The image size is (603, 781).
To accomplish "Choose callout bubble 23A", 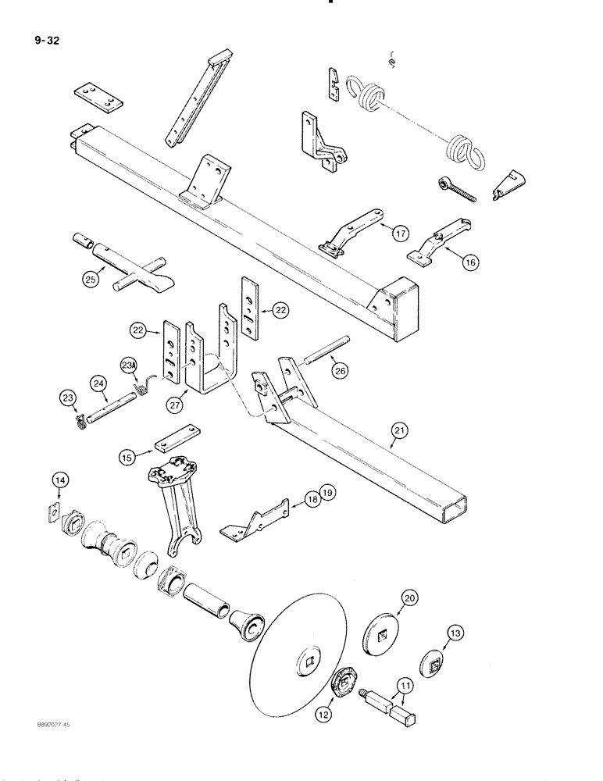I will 130,364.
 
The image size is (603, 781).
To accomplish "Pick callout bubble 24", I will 98,383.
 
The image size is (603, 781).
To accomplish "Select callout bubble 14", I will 61,480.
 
